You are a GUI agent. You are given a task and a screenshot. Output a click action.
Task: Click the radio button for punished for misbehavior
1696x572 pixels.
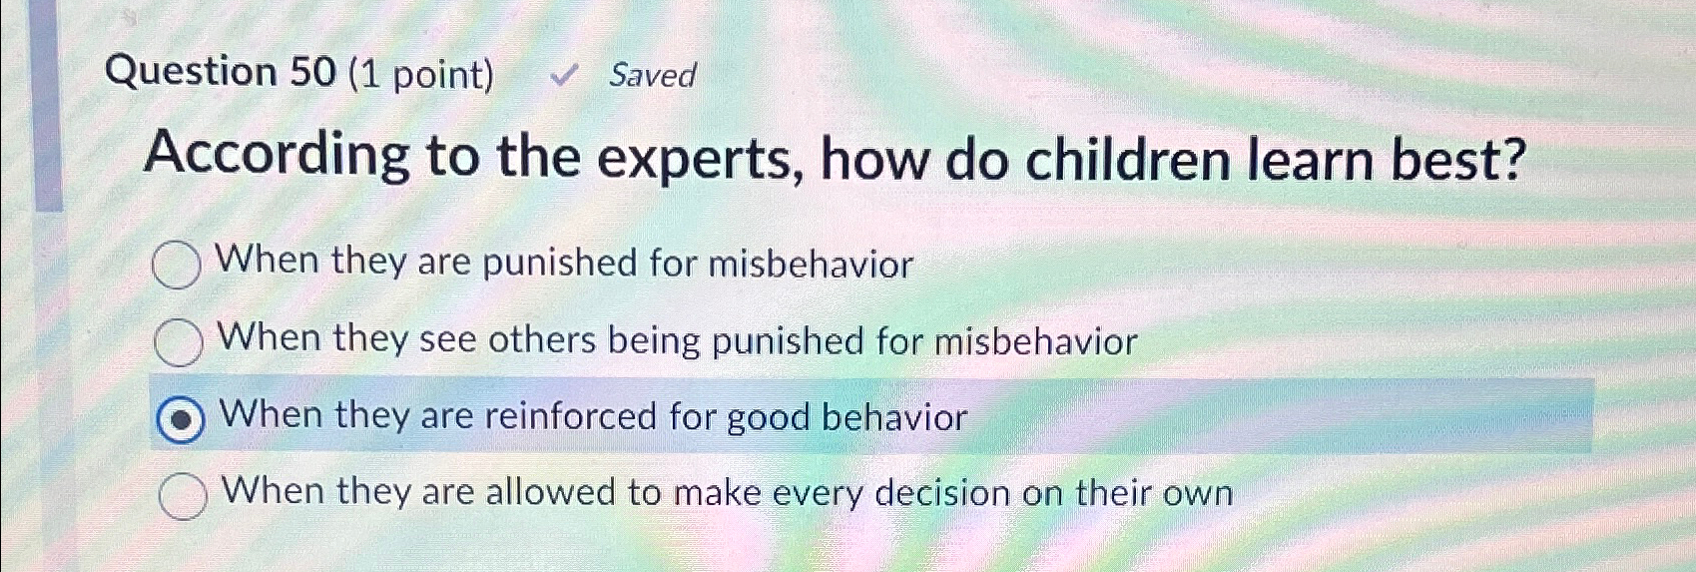tap(177, 266)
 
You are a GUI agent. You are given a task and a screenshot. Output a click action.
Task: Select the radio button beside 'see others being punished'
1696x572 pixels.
tap(179, 342)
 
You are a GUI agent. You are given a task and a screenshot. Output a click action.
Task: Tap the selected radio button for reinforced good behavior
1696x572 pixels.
tap(181, 419)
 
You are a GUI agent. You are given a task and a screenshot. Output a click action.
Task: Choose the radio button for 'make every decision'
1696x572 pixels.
tap(183, 495)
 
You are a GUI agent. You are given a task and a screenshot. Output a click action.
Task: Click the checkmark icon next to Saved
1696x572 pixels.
tap(564, 75)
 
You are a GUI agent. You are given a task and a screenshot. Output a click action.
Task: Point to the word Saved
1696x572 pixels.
tap(652, 75)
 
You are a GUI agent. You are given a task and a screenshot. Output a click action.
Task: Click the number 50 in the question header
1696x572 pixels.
tap(312, 72)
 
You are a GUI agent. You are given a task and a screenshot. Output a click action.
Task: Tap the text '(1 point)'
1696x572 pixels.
tap(420, 74)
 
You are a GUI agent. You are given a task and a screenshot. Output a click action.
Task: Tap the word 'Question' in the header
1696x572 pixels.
tap(191, 72)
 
